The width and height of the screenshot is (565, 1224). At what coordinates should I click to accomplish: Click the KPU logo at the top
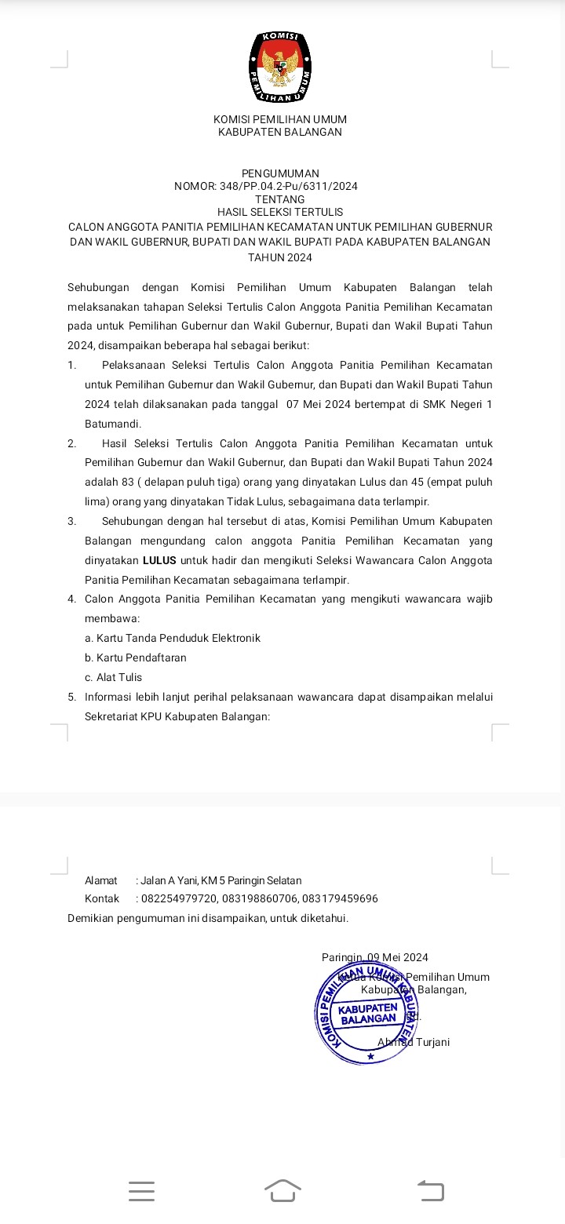click(x=280, y=68)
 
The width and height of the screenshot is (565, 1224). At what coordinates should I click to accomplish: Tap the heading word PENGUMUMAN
click(x=280, y=173)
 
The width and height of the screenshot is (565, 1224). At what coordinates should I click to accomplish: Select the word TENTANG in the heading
click(x=280, y=199)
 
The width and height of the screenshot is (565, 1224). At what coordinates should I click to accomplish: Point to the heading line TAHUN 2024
click(x=280, y=257)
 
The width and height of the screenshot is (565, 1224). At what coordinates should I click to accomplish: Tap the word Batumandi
click(x=113, y=424)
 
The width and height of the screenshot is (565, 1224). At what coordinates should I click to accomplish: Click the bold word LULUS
click(x=159, y=560)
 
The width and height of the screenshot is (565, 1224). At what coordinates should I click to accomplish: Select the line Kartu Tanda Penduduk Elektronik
click(x=173, y=638)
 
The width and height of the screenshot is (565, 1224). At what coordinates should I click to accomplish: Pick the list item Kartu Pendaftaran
click(x=136, y=658)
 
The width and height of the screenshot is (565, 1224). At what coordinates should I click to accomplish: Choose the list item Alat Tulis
click(x=114, y=677)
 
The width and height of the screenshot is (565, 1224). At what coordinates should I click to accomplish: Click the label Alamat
click(x=101, y=880)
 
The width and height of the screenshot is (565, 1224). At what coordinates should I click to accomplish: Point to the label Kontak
click(x=102, y=898)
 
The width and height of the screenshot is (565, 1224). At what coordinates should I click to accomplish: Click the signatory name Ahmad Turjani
click(x=414, y=1042)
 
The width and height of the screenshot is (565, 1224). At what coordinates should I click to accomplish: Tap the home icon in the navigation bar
click(x=282, y=1190)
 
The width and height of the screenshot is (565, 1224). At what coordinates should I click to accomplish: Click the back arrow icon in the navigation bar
click(x=430, y=1190)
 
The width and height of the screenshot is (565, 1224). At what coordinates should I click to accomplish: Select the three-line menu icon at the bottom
click(x=141, y=1190)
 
